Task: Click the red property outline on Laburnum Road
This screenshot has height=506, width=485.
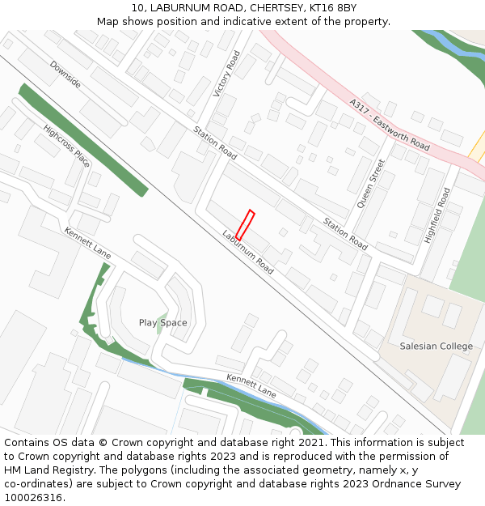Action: click(x=245, y=225)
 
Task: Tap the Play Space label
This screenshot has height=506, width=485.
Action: click(x=162, y=323)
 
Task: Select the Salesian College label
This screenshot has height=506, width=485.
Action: click(x=436, y=347)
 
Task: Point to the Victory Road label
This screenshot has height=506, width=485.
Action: click(x=227, y=74)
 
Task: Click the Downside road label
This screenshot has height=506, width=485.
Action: click(x=65, y=74)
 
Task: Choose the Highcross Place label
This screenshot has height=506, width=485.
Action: click(x=67, y=146)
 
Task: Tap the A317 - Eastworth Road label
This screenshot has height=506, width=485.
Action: click(x=390, y=124)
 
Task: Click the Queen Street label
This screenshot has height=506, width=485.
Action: click(x=371, y=184)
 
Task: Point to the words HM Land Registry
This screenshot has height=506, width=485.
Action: click(x=42, y=470)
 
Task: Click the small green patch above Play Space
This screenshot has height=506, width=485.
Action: click(x=162, y=316)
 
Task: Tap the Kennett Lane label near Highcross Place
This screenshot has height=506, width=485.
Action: click(x=88, y=244)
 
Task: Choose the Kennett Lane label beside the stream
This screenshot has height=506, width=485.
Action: click(x=251, y=386)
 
